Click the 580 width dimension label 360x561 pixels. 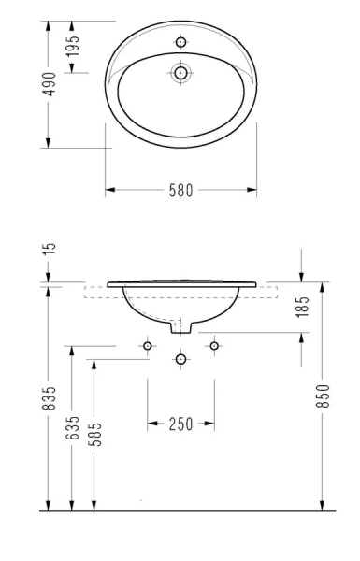tap(180, 191)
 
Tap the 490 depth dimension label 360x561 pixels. tap(50, 84)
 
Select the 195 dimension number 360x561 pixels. tap(72, 46)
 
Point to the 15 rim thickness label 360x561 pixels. tap(50, 249)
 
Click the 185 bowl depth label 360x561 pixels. tap(302, 307)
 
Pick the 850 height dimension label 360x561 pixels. tap(323, 396)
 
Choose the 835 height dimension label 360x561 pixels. tap(50, 398)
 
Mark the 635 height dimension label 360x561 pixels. tap(72, 428)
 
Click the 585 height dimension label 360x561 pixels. tap(94, 435)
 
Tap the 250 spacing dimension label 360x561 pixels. tap(180, 424)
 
